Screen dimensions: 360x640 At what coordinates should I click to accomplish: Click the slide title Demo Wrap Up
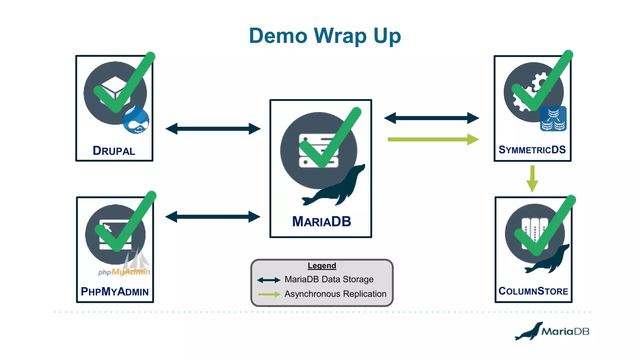point(325,36)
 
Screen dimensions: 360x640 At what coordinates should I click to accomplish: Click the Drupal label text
point(114,151)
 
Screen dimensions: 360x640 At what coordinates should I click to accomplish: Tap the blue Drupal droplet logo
point(136,120)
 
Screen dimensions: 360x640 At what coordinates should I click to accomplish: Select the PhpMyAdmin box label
point(115,291)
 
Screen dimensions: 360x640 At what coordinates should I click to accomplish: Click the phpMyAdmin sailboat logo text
point(124,272)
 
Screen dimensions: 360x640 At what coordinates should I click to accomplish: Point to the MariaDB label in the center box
point(322,222)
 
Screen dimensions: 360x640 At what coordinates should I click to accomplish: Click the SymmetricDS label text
point(532,150)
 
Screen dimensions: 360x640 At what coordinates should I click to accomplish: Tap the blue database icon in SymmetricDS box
point(553,119)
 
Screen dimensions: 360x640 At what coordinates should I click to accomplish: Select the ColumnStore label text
point(533,291)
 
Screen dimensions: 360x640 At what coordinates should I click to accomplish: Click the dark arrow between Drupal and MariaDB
point(213,128)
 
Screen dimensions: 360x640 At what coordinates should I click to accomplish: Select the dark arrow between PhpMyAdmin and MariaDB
point(213,217)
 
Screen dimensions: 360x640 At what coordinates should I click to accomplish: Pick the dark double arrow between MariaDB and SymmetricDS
point(431,118)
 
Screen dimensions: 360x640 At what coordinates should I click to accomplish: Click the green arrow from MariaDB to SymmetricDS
point(433,139)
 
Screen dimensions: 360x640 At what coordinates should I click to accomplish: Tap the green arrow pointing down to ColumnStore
point(532,179)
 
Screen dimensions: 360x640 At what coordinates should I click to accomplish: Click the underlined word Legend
point(322,266)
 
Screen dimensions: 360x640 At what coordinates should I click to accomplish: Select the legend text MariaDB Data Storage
point(329,279)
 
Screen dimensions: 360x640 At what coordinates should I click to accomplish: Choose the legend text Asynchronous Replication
point(335,294)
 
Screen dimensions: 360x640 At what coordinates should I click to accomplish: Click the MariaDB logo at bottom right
point(552,331)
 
